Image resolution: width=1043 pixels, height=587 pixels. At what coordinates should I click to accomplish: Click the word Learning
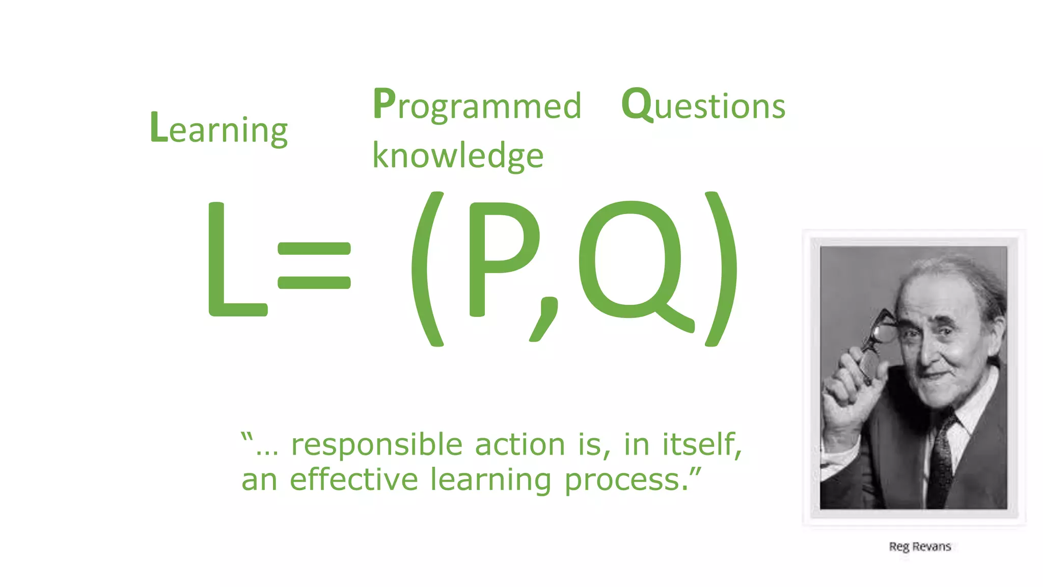(x=219, y=128)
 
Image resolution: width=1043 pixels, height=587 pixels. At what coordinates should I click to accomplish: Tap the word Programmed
(x=477, y=105)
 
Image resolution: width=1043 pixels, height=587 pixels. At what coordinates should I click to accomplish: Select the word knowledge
(x=458, y=155)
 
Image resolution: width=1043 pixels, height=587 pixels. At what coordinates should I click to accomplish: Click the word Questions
(x=703, y=105)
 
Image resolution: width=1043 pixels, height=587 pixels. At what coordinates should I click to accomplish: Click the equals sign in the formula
(x=314, y=265)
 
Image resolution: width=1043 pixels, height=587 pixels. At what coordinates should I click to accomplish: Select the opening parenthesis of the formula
(x=427, y=269)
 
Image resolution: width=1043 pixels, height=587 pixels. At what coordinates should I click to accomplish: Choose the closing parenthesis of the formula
(x=721, y=269)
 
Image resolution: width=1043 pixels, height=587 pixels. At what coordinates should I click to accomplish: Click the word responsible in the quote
(x=376, y=444)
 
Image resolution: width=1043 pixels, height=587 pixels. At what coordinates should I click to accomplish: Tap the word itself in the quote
(x=700, y=444)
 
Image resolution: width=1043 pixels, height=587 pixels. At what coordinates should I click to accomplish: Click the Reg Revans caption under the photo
(x=920, y=547)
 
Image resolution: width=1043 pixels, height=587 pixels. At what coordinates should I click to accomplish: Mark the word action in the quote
(x=520, y=444)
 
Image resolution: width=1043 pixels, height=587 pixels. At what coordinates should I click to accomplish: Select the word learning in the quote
(x=490, y=481)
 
